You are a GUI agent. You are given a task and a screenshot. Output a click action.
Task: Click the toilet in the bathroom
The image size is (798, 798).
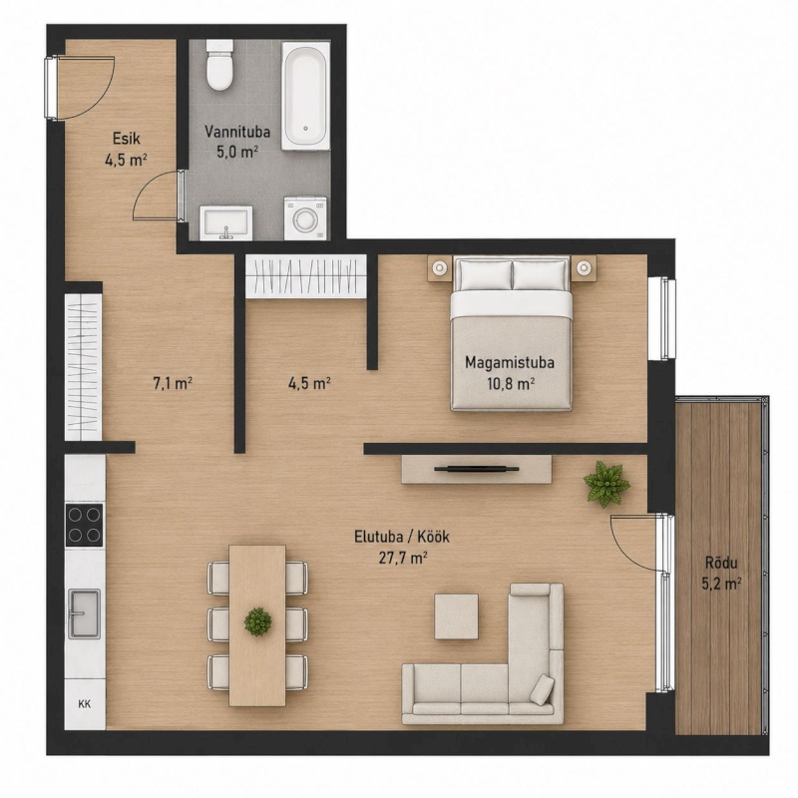tap(220, 66)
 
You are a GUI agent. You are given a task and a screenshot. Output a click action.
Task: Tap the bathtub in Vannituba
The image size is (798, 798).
tap(306, 96)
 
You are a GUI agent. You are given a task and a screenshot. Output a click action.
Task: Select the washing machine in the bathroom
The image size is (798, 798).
tap(305, 218)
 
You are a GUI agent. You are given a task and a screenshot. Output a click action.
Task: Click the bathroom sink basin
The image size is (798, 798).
tap(226, 222)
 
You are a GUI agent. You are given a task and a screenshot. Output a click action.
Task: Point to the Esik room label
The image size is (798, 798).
tap(127, 139)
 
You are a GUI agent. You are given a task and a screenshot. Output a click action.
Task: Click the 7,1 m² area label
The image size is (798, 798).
tap(173, 383)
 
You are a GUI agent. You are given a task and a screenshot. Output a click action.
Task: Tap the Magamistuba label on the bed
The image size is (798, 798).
tap(510, 362)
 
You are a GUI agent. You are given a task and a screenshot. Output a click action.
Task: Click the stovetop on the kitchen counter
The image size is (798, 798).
tap(85, 525)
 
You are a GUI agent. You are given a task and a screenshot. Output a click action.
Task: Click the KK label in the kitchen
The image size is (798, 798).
tap(85, 704)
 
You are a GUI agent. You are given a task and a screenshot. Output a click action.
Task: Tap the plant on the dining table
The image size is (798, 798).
tap(257, 621)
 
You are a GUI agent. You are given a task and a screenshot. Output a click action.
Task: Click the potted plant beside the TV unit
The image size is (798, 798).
tap(606, 484)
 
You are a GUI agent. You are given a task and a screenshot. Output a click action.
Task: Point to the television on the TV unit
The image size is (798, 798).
tap(477, 469)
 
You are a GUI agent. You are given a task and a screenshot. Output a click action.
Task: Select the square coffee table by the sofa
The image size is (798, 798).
tap(457, 616)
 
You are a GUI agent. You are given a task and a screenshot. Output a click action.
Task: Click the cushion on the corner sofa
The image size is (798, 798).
tap(542, 688)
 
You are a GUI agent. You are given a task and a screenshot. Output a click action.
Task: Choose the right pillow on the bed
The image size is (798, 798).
tap(540, 275)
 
